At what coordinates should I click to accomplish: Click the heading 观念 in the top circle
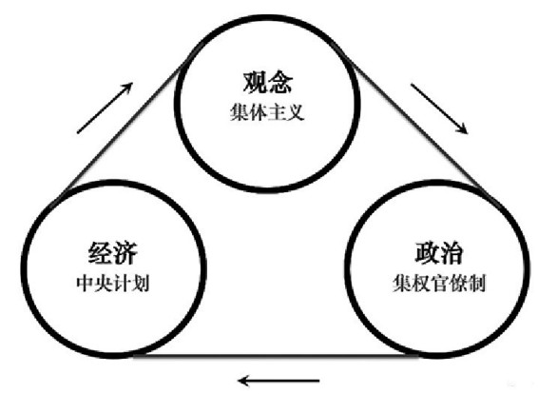[268, 83]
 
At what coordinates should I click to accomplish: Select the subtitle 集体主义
[267, 112]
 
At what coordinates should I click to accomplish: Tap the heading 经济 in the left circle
[113, 253]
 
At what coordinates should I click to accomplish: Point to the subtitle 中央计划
[113, 284]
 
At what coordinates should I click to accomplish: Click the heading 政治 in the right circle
[439, 253]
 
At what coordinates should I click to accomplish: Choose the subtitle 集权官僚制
[439, 284]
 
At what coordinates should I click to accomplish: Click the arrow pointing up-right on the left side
[105, 108]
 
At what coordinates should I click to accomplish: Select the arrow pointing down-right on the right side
[439, 108]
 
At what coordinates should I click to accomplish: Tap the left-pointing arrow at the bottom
[279, 381]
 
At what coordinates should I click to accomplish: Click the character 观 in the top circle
[255, 83]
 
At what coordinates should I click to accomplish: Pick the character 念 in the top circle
[281, 83]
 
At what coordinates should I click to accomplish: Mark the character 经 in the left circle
[100, 253]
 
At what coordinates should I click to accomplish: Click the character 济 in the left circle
[125, 253]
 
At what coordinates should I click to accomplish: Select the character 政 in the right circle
[427, 253]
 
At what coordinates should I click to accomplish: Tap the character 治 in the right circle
[452, 253]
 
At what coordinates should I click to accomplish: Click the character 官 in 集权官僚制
[439, 284]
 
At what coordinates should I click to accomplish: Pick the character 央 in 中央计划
[104, 284]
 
